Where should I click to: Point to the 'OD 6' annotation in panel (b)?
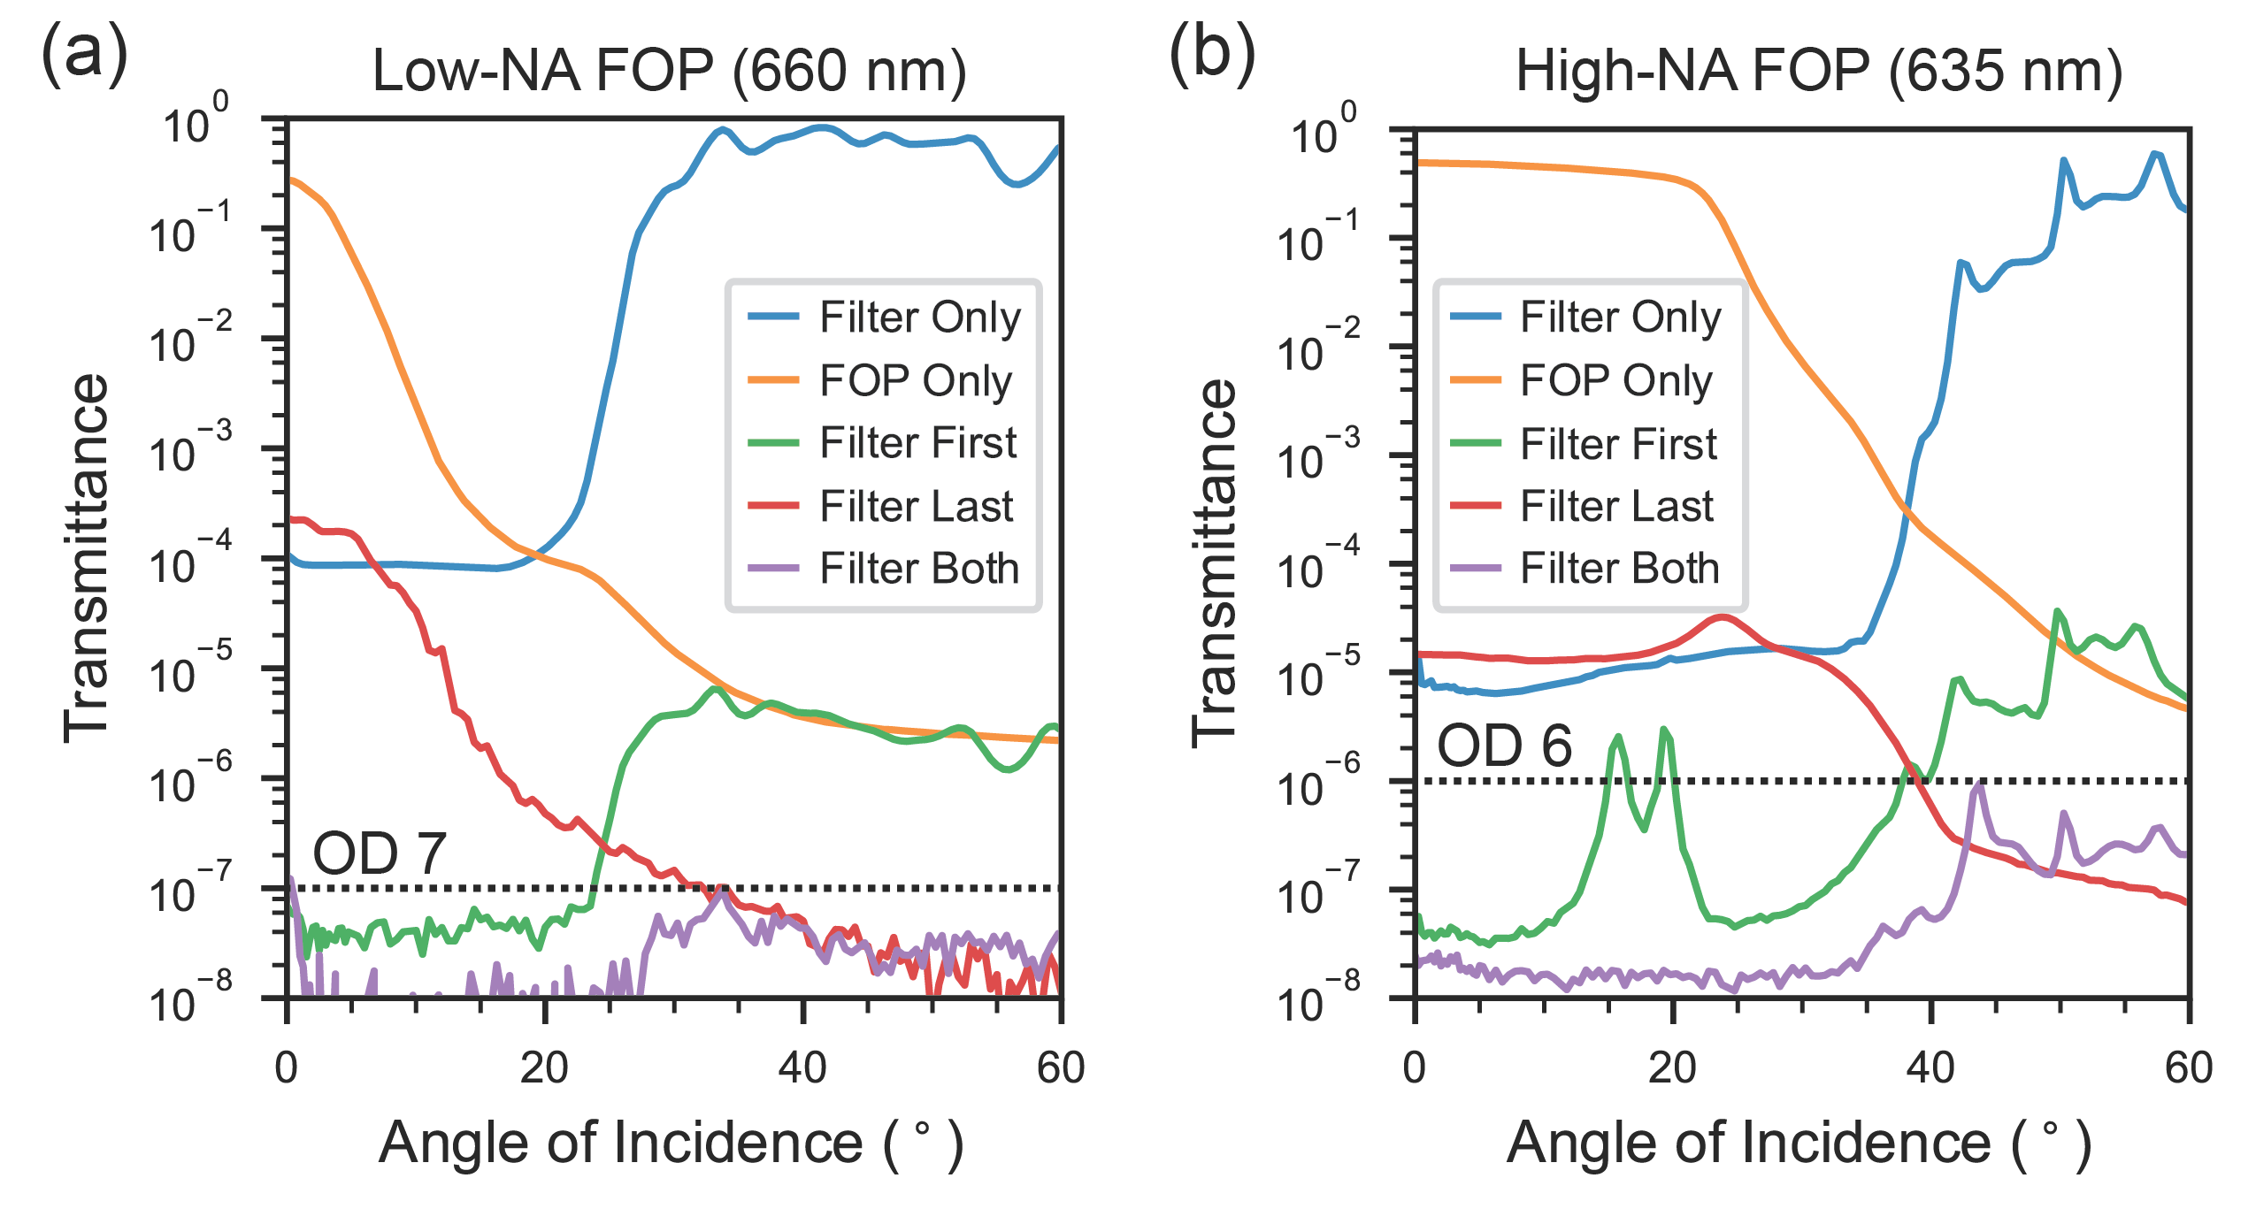1504,746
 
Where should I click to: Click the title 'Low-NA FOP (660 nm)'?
669,71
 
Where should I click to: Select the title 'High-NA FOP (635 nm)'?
1819,71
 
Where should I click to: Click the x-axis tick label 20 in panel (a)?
544,1068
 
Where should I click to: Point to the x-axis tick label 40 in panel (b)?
1930,1068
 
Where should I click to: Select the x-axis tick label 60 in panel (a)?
1061,1068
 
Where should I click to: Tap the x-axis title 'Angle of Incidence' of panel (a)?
671,1144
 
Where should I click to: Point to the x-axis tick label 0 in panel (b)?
1415,1068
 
